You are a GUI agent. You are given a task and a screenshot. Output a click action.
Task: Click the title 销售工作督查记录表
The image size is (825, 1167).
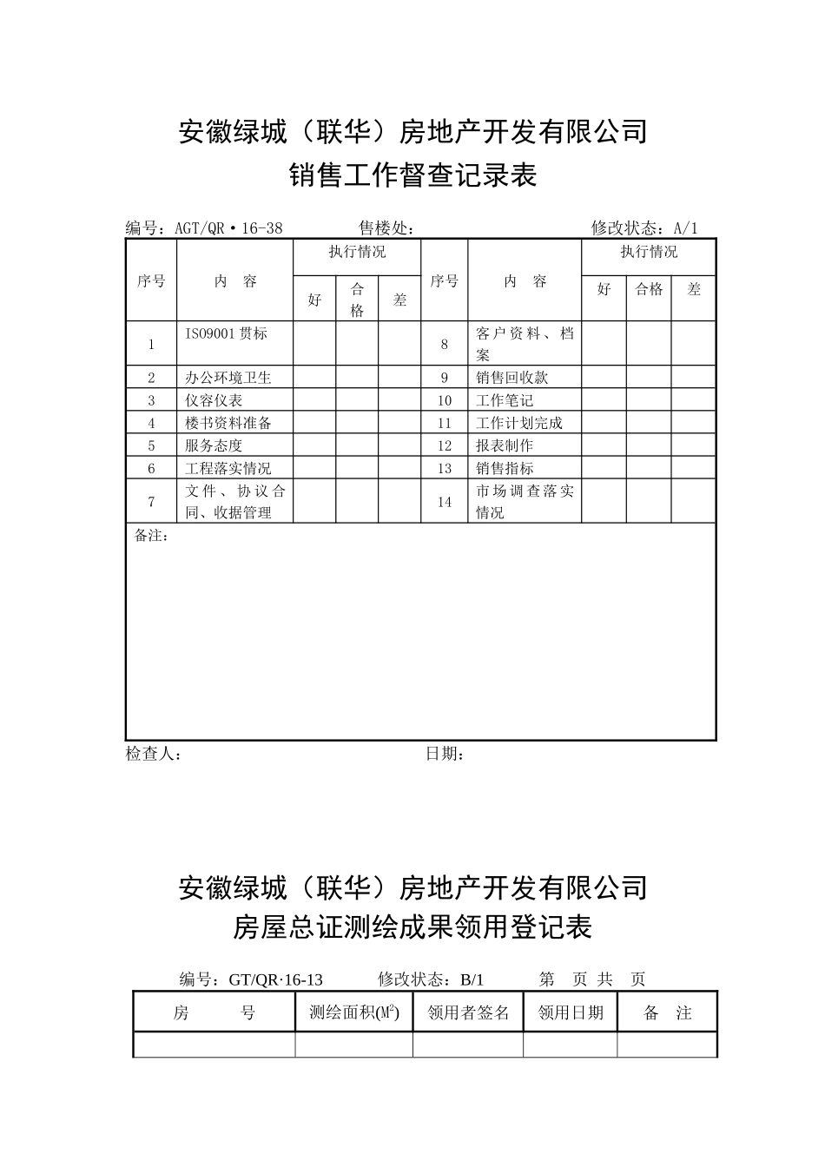[412, 176]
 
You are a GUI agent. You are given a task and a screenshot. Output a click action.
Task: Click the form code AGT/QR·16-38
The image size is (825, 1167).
[228, 228]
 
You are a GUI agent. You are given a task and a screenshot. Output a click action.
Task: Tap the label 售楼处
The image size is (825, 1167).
[386, 228]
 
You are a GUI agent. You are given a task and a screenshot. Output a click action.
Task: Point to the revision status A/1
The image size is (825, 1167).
[685, 228]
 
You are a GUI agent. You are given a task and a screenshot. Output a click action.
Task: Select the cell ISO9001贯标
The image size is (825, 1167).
[226, 333]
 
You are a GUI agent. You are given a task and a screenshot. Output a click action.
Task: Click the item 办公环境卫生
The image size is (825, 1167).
[228, 378]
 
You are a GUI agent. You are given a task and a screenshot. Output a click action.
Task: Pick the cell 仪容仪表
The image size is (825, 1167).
[214, 400]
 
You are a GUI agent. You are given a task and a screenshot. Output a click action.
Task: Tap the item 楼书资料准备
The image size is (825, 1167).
[228, 423]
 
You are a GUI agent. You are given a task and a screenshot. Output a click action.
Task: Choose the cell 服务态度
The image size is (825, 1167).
[214, 445]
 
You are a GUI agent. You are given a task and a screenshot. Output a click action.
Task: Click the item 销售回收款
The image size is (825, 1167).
[512, 378]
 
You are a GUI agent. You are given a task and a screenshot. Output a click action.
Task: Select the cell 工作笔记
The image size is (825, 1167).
[505, 400]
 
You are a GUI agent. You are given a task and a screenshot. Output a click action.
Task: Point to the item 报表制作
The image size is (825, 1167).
[505, 445]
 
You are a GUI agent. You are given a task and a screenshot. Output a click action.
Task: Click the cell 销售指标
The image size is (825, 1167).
[505, 468]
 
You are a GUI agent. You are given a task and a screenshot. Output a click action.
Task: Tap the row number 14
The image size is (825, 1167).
[445, 502]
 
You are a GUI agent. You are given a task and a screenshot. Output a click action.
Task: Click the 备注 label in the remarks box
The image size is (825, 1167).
[151, 536]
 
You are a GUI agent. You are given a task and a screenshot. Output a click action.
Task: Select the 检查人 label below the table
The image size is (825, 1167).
[153, 754]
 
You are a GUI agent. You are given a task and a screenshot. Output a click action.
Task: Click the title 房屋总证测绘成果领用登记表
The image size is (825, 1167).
[412, 928]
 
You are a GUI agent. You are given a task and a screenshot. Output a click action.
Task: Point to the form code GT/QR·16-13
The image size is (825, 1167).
[275, 979]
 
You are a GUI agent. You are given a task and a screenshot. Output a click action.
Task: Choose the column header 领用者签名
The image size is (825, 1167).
[468, 1013]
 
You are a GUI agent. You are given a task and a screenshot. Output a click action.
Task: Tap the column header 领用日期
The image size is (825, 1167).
[571, 1013]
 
